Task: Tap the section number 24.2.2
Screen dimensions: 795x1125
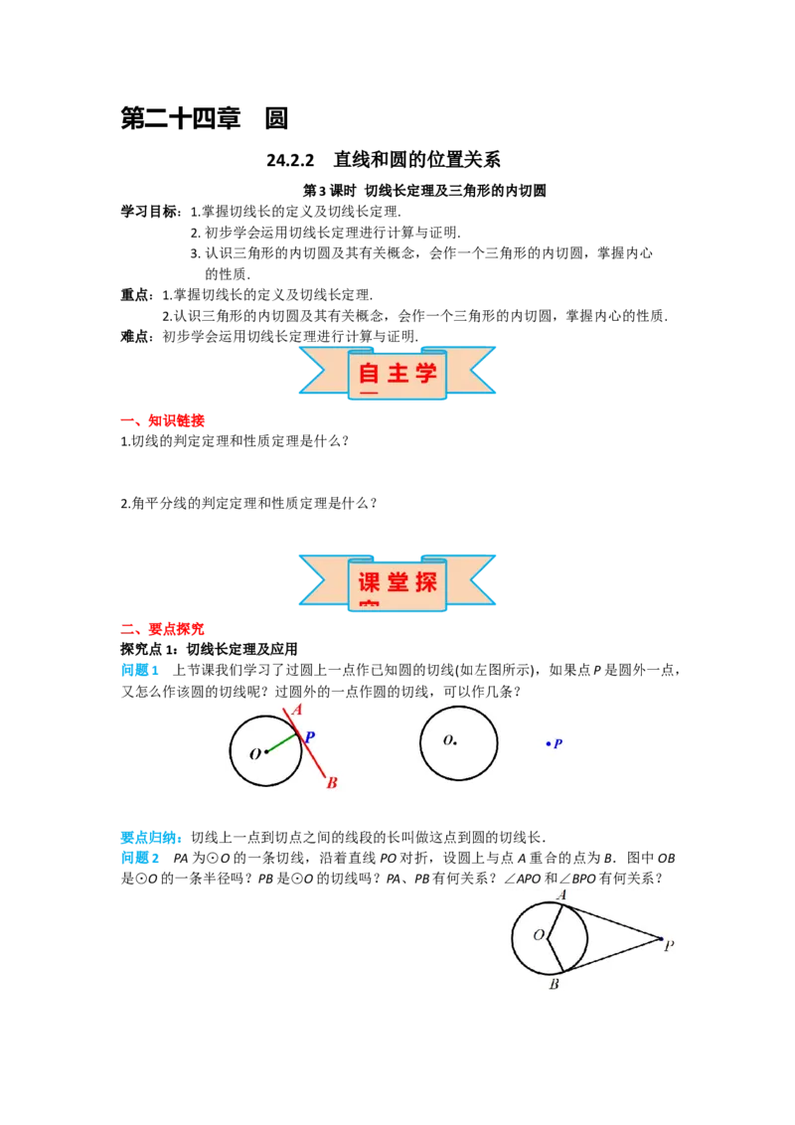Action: (x=290, y=160)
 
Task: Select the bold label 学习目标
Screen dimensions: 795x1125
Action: (x=149, y=212)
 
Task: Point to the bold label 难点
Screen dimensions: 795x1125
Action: (x=134, y=337)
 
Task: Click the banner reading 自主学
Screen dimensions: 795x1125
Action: (x=397, y=373)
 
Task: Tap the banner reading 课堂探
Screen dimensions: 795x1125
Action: (x=397, y=581)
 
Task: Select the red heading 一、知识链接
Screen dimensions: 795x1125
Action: (x=163, y=420)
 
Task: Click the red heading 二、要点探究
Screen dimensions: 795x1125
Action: (x=163, y=629)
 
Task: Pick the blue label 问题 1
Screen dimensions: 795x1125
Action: (x=140, y=670)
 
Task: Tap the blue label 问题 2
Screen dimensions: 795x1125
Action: (x=140, y=858)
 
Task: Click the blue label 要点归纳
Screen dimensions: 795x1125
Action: (x=149, y=838)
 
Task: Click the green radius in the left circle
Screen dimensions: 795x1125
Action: (x=281, y=742)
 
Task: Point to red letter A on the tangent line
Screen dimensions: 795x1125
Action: (x=297, y=710)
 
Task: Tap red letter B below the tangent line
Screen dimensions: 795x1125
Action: (x=332, y=783)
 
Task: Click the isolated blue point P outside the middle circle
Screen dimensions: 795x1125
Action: (x=549, y=744)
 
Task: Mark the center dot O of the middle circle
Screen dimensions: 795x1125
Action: (x=455, y=741)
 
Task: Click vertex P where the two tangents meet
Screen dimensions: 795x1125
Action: (x=661, y=938)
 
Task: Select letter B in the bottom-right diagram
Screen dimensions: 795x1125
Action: (x=554, y=984)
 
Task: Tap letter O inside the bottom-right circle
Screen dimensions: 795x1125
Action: (x=539, y=935)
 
